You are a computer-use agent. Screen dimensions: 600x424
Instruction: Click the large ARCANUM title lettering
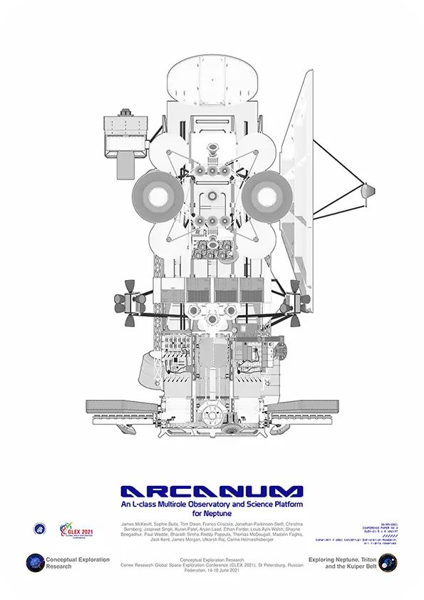click(212, 492)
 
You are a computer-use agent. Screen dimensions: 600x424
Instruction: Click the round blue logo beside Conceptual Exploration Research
click(35, 563)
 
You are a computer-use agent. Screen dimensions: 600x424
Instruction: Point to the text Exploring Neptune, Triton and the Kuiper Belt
click(341, 563)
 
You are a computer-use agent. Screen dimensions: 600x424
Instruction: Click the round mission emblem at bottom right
click(388, 563)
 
